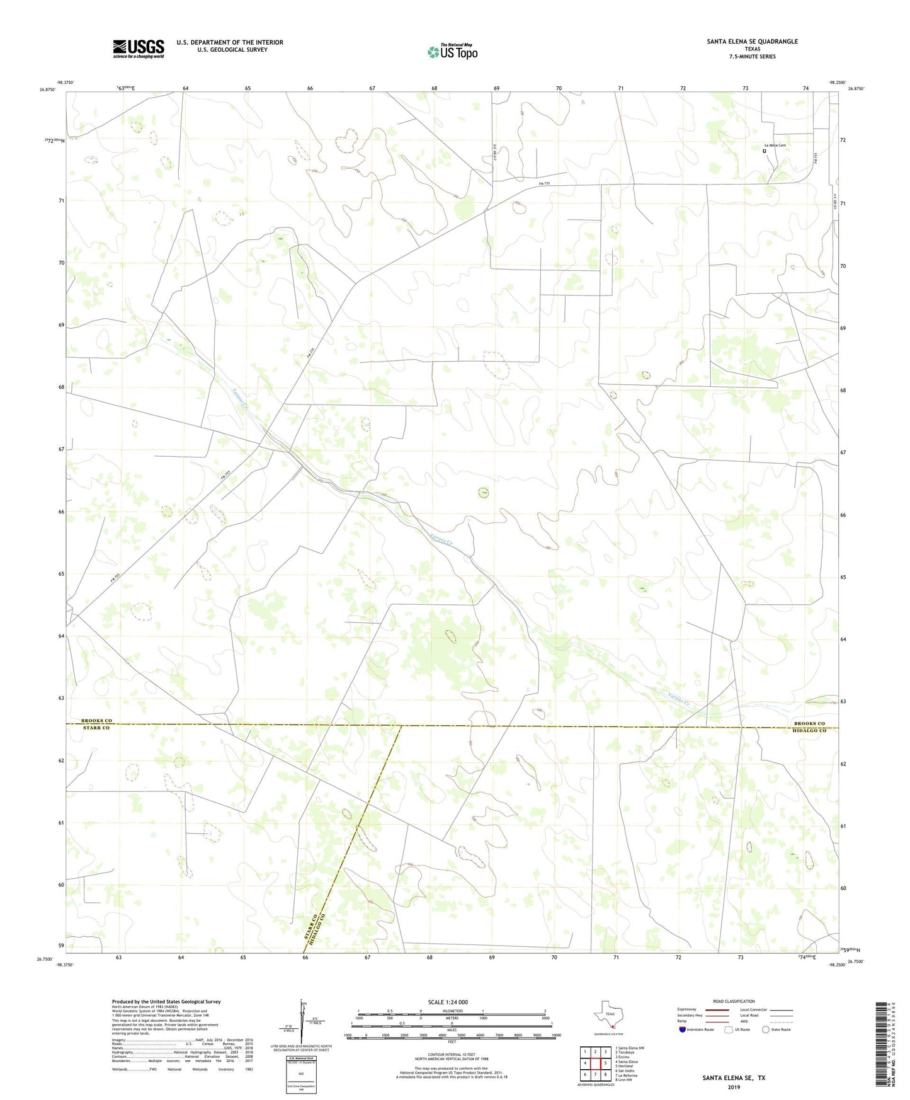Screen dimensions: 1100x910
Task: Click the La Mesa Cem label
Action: (774, 145)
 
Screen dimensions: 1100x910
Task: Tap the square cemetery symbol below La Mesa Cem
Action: (765, 151)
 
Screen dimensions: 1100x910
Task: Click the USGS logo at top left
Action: (139, 49)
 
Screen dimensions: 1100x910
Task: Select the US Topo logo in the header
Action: (452, 52)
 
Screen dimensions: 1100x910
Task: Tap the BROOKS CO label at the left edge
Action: (96, 721)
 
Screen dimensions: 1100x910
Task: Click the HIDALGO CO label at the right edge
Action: (809, 730)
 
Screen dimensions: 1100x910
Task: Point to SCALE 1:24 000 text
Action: (448, 1002)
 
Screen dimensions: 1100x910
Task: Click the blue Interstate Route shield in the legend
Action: (682, 1029)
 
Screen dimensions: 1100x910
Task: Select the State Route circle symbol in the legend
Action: (766, 1029)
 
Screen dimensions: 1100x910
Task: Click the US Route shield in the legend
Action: (729, 1029)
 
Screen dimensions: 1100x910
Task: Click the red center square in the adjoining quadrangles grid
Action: (594, 1063)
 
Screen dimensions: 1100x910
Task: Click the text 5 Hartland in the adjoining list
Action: (625, 1066)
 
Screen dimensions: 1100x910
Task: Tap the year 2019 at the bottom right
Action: (734, 1087)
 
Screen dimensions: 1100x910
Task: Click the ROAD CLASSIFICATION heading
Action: (734, 1001)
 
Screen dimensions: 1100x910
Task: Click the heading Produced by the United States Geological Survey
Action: (166, 1001)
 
